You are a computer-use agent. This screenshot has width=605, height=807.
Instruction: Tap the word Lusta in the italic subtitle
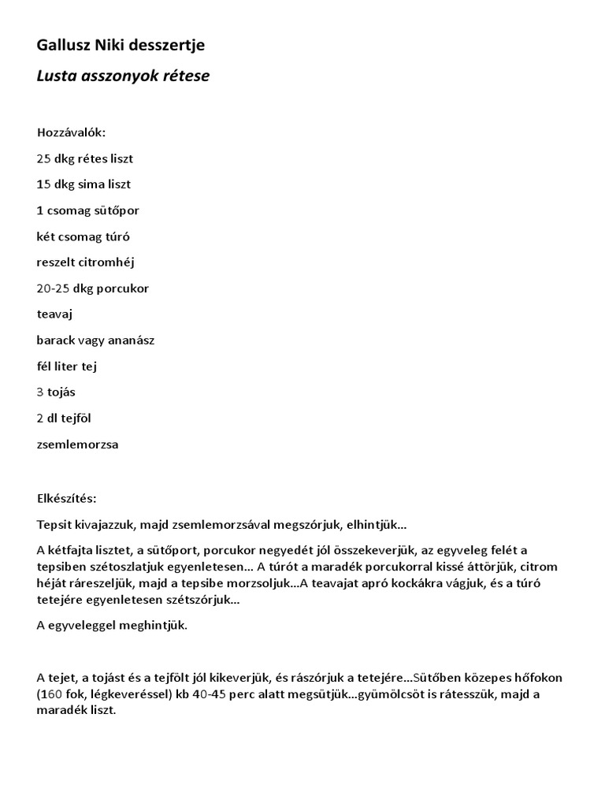[x=55, y=76]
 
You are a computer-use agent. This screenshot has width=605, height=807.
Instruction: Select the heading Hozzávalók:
[x=71, y=132]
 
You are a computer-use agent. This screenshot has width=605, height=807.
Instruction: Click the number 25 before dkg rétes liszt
[x=44, y=158]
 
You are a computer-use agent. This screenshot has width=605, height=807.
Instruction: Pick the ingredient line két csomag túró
[x=84, y=236]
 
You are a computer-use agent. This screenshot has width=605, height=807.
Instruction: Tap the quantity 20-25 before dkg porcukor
[x=54, y=288]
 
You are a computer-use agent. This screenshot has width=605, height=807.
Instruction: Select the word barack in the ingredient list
[x=55, y=340]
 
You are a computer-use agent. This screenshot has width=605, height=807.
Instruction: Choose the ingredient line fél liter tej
[x=67, y=366]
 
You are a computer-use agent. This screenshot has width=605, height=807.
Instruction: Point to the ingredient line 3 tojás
[x=56, y=392]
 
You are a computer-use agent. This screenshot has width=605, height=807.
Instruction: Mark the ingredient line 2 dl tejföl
[x=65, y=418]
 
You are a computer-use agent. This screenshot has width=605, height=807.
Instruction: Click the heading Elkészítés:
[x=67, y=499]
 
